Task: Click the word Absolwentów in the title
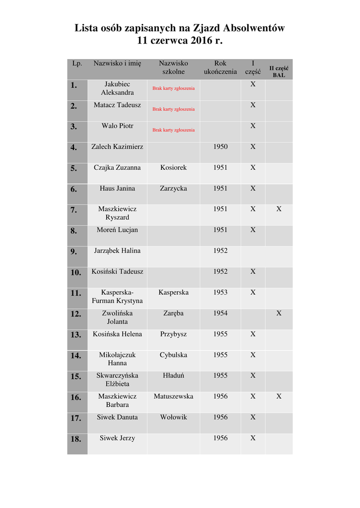[254, 28]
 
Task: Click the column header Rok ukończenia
[220, 68]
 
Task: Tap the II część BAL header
[279, 72]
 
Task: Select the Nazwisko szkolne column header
[173, 68]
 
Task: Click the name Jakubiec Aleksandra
[117, 88]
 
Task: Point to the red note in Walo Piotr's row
[173, 130]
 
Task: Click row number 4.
[74, 147]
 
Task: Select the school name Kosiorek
[173, 168]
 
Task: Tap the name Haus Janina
[117, 189]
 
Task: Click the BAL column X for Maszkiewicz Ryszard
[279, 209]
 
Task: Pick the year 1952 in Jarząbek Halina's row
[220, 251]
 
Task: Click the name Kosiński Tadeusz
[117, 272]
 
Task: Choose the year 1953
[220, 293]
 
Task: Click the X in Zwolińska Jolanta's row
[279, 314]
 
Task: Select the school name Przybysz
[173, 334]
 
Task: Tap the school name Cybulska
[173, 355]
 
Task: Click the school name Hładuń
[173, 376]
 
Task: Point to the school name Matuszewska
[173, 397]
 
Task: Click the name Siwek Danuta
[117, 418]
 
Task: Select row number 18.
[75, 439]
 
